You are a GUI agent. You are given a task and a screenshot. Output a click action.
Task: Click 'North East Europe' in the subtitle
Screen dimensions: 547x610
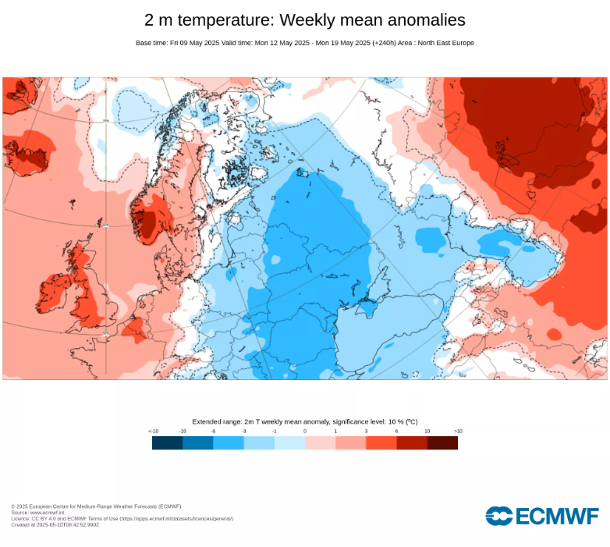(447, 43)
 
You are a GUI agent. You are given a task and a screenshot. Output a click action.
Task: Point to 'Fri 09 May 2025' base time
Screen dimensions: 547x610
(193, 43)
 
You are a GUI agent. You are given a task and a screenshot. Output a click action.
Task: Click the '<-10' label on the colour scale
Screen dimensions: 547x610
(153, 431)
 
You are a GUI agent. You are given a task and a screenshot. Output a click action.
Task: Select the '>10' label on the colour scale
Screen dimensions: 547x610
(458, 431)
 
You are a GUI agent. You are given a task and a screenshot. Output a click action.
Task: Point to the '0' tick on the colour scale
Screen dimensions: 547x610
(305, 431)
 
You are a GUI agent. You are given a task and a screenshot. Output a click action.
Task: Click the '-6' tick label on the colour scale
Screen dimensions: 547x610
(213, 431)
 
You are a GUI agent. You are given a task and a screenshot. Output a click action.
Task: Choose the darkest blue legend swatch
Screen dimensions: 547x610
(168, 442)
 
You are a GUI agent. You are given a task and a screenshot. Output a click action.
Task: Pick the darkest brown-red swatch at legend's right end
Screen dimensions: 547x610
(442, 442)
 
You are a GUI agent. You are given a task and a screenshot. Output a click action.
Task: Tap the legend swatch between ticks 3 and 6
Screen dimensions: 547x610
(381, 442)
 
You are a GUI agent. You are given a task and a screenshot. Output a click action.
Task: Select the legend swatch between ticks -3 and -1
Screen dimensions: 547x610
(259, 442)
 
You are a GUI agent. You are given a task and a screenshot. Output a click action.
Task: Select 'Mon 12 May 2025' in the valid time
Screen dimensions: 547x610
(282, 43)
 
